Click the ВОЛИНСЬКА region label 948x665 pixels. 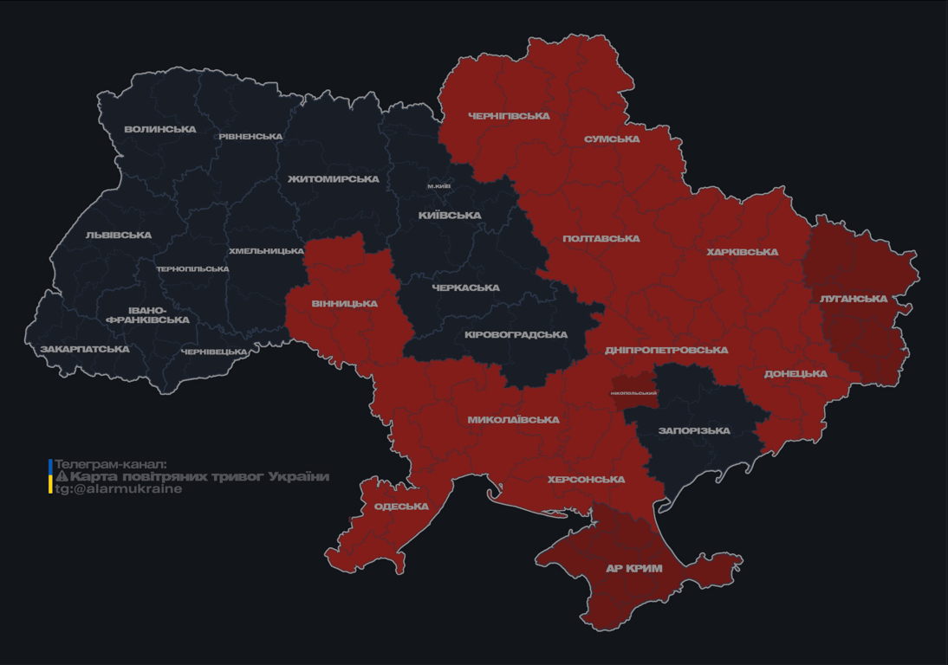coord(160,130)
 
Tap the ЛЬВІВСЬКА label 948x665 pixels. coord(119,236)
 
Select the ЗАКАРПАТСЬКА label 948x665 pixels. coord(85,350)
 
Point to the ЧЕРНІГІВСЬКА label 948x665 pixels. coord(509,116)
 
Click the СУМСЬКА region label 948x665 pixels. coord(612,139)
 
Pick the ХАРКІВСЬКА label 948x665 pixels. coord(742,253)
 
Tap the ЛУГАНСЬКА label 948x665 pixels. coord(854,299)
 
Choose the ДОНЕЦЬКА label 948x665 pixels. coord(795,374)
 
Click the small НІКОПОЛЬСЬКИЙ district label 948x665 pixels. coord(633,393)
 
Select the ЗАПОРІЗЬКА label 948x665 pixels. coord(694,431)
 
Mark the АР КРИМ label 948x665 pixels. coord(633,569)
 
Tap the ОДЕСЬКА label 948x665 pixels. coord(401,507)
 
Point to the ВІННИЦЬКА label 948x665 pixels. coord(345,304)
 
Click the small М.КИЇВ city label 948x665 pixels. coord(439,186)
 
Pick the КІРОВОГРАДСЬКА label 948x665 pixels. coord(516,335)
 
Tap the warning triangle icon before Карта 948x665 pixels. coord(62,477)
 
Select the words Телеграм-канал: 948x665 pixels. coord(110,465)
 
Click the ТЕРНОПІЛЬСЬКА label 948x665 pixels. coord(192,269)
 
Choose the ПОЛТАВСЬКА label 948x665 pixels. coord(601,239)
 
